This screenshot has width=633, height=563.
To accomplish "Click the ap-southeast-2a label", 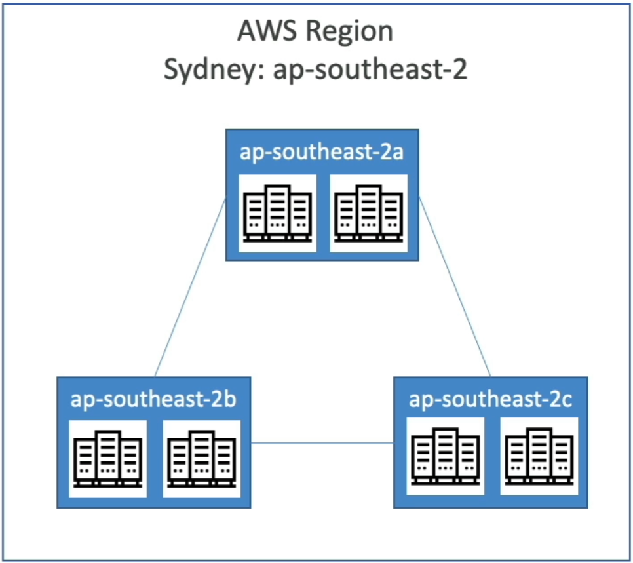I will point(321,152).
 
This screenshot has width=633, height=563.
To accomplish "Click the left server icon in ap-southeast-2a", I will point(277,213).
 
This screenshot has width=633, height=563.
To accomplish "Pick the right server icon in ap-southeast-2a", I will point(368,213).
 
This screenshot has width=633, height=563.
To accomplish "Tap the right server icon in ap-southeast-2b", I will point(201,458).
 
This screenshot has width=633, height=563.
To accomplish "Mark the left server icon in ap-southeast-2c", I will point(446,455).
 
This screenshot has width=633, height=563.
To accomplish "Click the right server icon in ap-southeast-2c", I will point(538,455).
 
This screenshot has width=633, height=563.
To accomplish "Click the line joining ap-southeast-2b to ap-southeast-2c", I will point(322,443).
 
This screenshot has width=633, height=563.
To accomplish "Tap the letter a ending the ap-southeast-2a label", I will point(397,153).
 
